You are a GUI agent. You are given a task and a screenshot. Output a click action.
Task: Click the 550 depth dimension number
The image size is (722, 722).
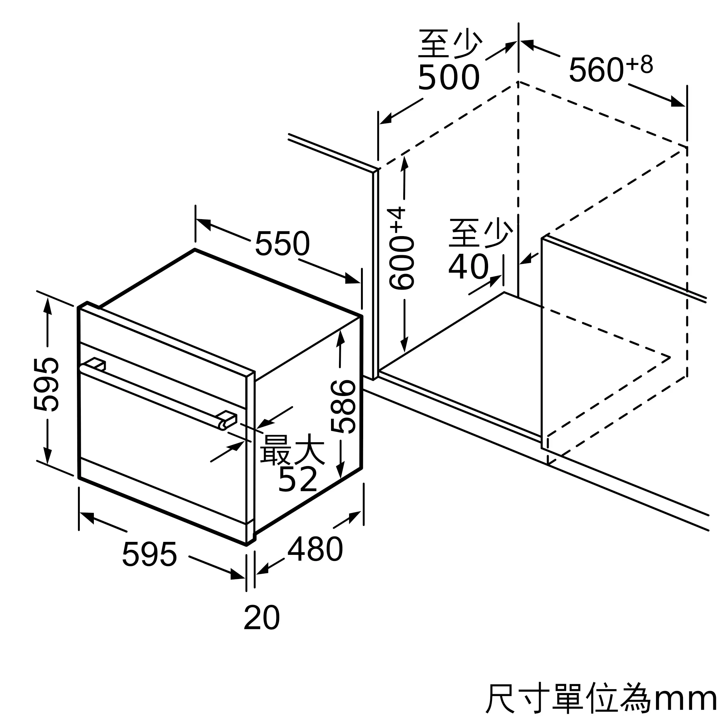click(x=283, y=243)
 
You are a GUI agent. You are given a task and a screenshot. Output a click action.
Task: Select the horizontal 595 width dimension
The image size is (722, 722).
click(x=149, y=554)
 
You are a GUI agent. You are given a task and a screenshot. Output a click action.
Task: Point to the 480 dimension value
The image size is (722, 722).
click(x=315, y=549)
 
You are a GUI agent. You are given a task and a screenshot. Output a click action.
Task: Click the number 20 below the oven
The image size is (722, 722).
click(x=262, y=618)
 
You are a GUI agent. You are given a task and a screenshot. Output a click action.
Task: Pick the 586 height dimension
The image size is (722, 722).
click(x=343, y=407)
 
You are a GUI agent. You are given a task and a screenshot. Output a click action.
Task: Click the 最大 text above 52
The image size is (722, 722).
click(x=292, y=449)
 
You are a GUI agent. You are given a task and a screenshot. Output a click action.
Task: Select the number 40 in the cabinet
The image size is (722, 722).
click(x=469, y=267)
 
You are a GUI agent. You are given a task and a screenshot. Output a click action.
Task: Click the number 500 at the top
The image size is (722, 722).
click(x=449, y=77)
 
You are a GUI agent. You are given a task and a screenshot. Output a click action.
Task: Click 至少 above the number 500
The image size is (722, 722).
click(x=450, y=44)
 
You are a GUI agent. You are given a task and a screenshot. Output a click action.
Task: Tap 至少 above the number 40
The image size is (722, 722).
click(x=480, y=233)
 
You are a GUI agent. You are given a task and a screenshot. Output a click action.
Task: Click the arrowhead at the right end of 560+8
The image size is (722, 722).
click(x=678, y=102)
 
